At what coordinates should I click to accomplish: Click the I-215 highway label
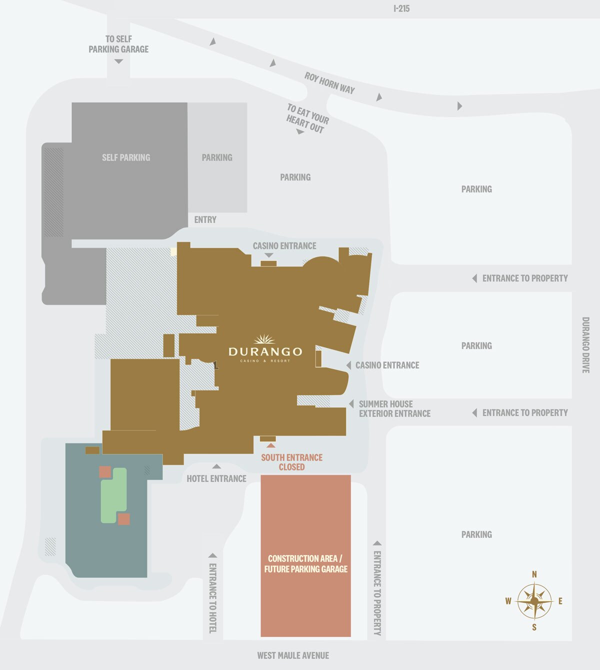401,8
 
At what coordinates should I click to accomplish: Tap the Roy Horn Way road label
329,83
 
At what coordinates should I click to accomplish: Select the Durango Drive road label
585,344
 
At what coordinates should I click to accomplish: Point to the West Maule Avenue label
293,655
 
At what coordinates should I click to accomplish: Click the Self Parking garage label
126,157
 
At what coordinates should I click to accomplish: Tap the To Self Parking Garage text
118,44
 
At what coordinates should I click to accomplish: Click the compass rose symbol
534,600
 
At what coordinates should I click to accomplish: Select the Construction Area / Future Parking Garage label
305,563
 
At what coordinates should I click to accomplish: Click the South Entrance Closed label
291,462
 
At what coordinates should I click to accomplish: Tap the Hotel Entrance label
216,478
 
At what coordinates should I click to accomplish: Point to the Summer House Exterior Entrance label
394,408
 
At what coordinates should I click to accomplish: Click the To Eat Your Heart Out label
307,118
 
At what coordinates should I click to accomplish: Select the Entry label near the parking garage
205,219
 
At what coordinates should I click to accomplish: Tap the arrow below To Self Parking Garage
118,61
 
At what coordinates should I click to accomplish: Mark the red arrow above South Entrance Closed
270,444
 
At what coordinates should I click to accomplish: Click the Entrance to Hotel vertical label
212,598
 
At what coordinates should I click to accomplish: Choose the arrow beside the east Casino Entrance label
349,365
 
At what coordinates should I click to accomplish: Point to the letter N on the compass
534,574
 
